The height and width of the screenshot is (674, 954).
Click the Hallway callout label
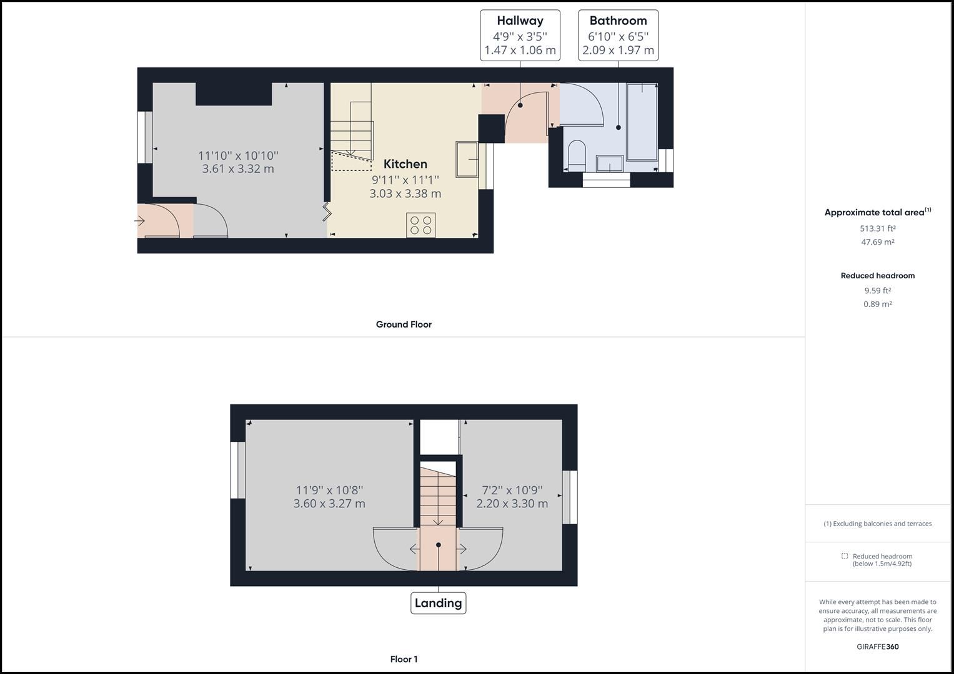tap(520, 36)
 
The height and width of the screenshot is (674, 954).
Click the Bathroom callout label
tap(618, 36)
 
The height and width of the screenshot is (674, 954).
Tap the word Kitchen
tap(405, 164)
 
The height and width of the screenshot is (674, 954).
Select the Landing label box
tap(438, 603)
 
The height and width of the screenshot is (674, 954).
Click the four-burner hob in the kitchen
tap(420, 225)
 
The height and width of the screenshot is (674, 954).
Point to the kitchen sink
tap(467, 159)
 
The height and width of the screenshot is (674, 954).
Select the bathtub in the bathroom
tap(642, 122)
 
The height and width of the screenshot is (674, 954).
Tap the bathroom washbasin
tap(610, 164)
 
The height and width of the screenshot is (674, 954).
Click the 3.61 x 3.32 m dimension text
tap(238, 168)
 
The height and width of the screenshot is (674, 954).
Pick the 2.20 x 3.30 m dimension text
tap(512, 504)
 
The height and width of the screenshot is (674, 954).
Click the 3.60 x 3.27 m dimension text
tap(329, 504)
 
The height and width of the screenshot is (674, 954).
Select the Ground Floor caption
tap(404, 325)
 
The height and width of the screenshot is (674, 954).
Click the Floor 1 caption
tap(404, 659)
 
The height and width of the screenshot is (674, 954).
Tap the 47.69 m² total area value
tap(877, 242)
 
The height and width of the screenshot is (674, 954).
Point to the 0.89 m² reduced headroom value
tap(877, 305)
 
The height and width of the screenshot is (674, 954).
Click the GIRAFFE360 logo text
tap(877, 647)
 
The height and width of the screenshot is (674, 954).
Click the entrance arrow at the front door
tap(140, 221)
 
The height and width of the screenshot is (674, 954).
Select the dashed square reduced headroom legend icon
tap(844, 556)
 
